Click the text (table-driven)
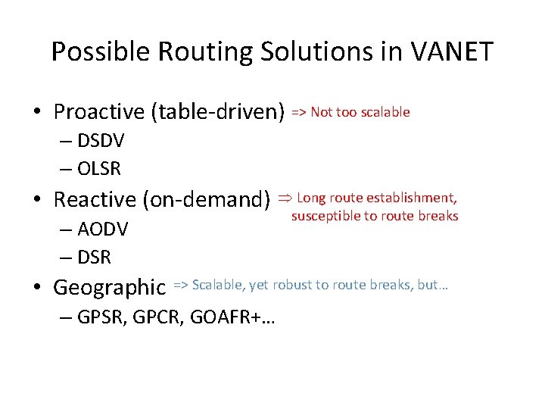pos(218,113)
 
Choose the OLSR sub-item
pos(99,169)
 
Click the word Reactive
pos(95,200)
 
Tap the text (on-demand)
pos(206,200)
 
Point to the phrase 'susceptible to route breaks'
pos(375,216)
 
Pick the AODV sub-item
pos(102,229)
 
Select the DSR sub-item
pos(95,258)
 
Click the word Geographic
pos(109,288)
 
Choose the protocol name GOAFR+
pos(240,317)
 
